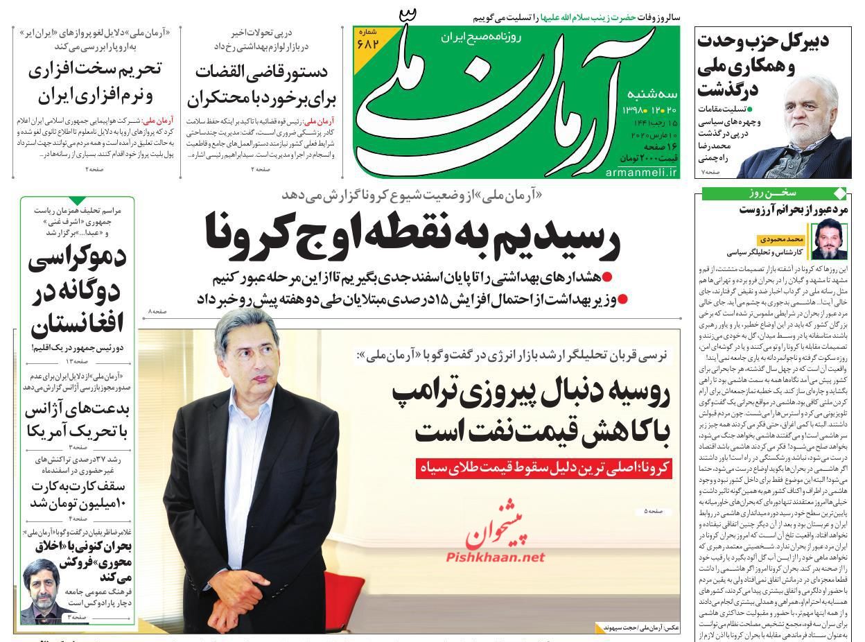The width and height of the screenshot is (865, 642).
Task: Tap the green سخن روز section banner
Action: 774,193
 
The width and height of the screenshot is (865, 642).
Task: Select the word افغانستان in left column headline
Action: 77,324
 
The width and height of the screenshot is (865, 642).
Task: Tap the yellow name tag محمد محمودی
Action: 779,238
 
